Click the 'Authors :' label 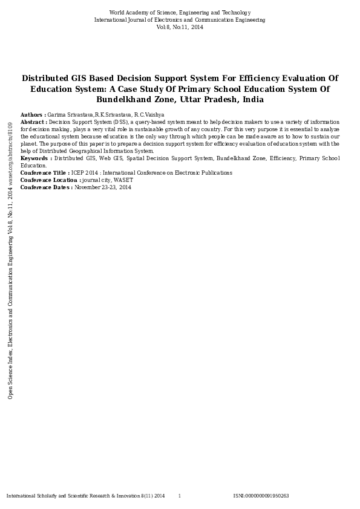pos(33,115)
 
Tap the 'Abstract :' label pos(34,122)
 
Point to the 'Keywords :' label pos(36,158)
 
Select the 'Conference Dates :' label pos(46,187)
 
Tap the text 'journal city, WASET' pos(108,180)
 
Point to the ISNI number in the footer pos(261,496)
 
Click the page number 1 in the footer pos(179,496)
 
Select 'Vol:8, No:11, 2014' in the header pos(180,27)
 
